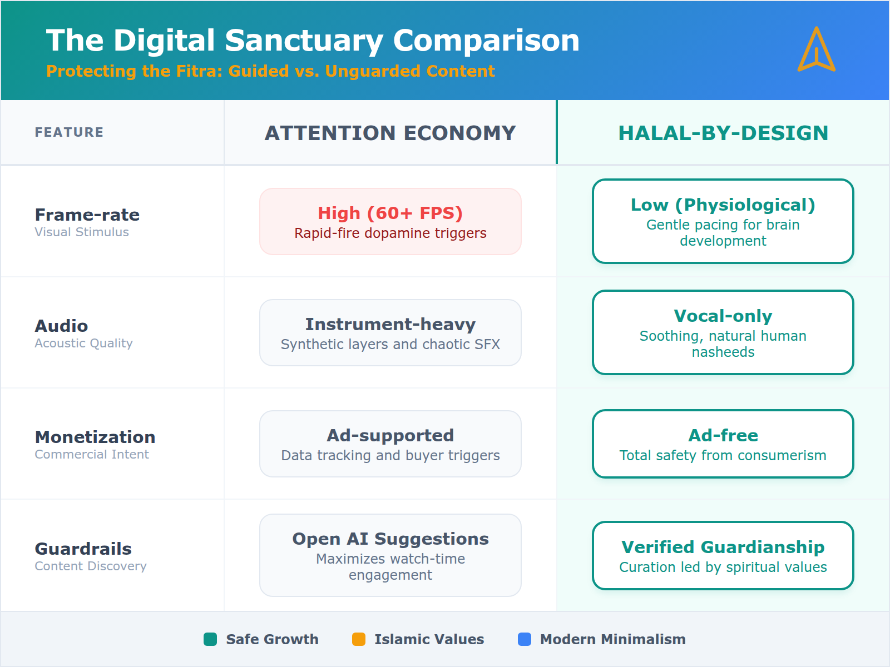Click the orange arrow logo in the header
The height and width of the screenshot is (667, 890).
tap(816, 50)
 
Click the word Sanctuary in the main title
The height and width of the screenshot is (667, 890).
tap(304, 41)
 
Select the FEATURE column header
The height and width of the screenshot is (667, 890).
tap(69, 132)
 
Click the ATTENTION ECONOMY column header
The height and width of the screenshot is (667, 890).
tap(390, 133)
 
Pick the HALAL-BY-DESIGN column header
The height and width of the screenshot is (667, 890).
tap(723, 133)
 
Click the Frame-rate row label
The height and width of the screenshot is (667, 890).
tap(87, 215)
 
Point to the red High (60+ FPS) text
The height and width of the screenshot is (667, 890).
tap(390, 213)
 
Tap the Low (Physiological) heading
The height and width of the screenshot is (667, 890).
tap(723, 205)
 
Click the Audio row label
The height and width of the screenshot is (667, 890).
tap(61, 326)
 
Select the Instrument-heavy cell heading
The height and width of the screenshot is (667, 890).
tap(390, 325)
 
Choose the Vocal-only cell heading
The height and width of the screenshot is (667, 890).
tap(723, 316)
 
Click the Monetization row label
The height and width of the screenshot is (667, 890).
tap(95, 437)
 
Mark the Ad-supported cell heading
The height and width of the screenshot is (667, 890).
tap(390, 436)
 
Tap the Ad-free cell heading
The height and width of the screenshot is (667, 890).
tap(723, 436)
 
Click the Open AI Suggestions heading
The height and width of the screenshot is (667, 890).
tap(390, 539)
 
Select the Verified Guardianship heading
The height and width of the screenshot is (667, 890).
tap(723, 547)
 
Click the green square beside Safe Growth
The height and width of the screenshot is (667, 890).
tap(210, 639)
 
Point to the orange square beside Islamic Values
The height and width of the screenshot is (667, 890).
tap(359, 639)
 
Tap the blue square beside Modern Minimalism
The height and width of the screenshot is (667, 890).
tap(525, 639)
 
